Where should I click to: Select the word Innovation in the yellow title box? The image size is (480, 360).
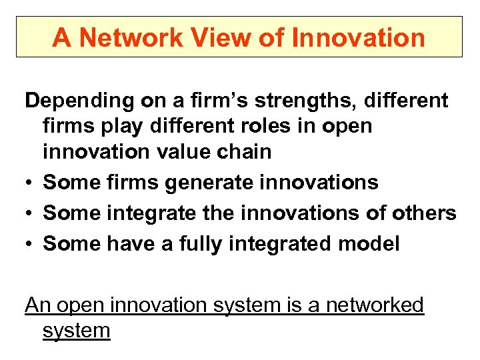[358, 37]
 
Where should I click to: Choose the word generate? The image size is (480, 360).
[212, 182]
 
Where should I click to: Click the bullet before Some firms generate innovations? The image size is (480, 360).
[30, 183]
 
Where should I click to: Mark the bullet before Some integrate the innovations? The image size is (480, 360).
[30, 213]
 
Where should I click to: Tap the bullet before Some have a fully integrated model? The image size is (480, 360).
[30, 244]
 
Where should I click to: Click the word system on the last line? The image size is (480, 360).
[76, 331]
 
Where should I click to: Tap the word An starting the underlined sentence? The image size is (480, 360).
[37, 305]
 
